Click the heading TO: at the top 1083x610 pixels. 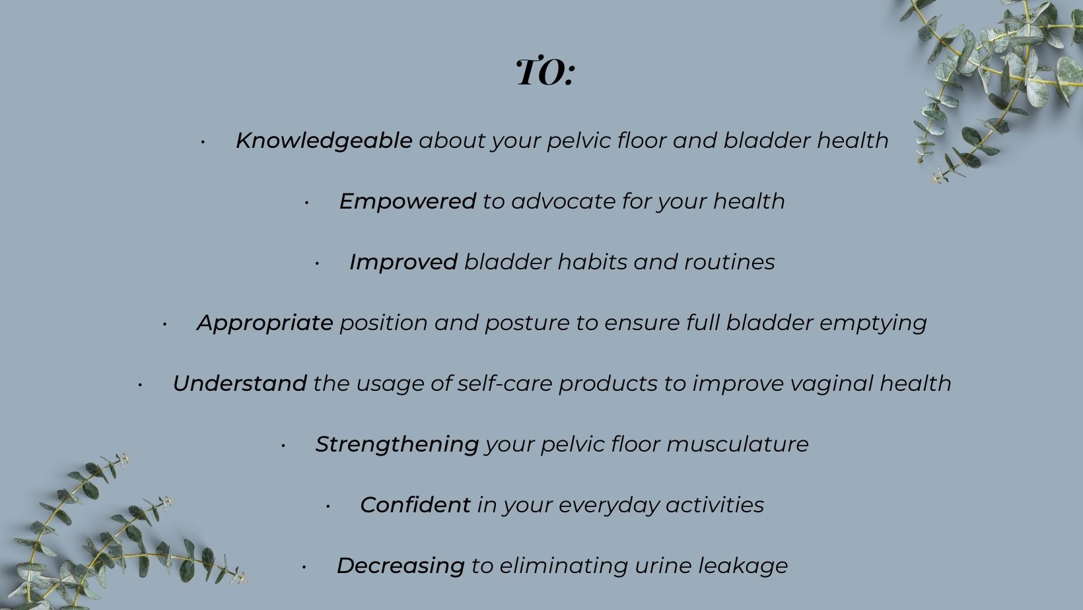[545, 73]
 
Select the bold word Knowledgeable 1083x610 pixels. [324, 141]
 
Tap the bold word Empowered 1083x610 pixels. [407, 201]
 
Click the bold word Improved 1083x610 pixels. [403, 263]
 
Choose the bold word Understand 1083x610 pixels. [240, 384]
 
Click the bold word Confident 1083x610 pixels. [415, 505]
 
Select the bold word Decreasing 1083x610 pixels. [401, 566]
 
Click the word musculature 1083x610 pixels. [738, 444]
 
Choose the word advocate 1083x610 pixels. [563, 201]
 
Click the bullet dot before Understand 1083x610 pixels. [140, 386]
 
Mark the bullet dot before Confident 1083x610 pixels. [328, 506]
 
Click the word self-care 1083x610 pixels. [505, 384]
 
